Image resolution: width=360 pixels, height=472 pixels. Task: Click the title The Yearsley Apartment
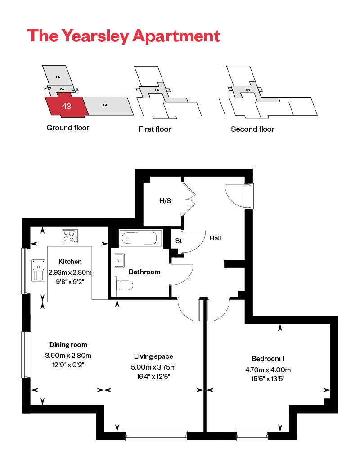coord(124,36)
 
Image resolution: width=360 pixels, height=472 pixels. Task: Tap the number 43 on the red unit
coord(67,107)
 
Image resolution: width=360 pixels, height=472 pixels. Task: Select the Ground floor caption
coord(68,128)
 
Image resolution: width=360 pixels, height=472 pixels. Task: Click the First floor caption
coord(155,129)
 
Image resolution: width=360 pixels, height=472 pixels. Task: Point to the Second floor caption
coord(252,129)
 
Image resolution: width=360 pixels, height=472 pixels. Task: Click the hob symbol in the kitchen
coord(70,236)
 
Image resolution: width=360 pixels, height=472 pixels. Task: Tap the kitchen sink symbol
coord(38,270)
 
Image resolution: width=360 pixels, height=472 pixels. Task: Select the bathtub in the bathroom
coord(140,238)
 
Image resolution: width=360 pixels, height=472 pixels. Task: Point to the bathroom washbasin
coord(120,260)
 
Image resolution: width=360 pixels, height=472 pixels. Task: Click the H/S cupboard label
coord(165,201)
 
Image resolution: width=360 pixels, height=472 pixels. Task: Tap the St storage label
coord(178,241)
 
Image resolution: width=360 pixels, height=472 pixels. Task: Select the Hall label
coord(215,238)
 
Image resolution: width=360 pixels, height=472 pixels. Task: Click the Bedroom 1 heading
coord(268,358)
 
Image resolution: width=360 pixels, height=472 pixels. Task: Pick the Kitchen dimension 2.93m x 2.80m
coord(70,272)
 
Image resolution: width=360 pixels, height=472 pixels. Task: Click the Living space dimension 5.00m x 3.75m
coord(150,367)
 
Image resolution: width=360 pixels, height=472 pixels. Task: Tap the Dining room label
coord(68,345)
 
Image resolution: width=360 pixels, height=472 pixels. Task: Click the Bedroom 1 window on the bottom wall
coord(252,435)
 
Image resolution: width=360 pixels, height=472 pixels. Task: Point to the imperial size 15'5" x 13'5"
coord(268,379)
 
